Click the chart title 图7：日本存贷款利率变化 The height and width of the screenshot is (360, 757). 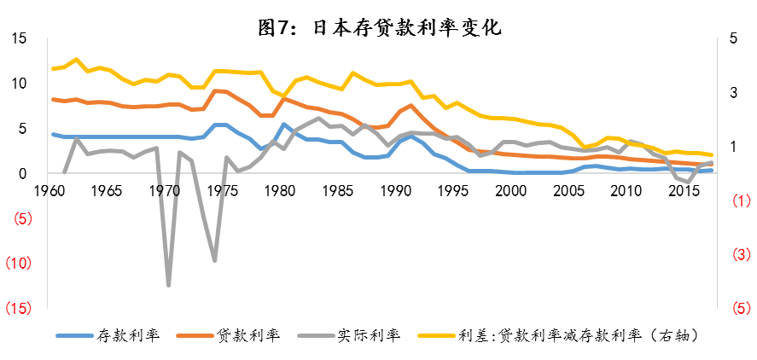379,27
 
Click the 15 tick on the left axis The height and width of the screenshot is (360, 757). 19,39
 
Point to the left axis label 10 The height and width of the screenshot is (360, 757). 19,84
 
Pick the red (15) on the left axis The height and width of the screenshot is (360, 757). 19,307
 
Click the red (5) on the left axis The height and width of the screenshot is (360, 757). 22,218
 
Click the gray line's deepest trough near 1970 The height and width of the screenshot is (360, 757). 168,284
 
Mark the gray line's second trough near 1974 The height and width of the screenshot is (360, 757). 214,260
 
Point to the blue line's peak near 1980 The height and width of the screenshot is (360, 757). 283,125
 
